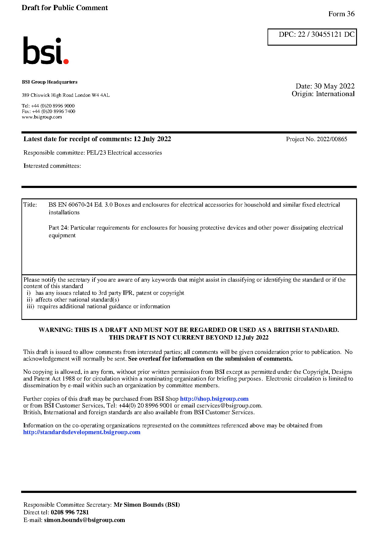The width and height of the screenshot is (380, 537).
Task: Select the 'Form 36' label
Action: [x=341, y=14]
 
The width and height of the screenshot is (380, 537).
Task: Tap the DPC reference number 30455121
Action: [x=326, y=34]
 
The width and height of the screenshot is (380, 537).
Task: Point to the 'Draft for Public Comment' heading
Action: [x=65, y=8]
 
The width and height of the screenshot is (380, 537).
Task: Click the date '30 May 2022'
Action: [x=334, y=86]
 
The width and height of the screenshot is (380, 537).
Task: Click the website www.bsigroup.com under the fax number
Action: [x=42, y=117]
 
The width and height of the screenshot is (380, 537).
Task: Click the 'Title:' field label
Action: [x=30, y=205]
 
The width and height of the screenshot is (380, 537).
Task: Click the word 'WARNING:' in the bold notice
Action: [x=56, y=330]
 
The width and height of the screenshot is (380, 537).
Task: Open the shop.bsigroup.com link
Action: [x=214, y=399]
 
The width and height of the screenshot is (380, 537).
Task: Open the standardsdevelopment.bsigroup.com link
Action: [x=82, y=432]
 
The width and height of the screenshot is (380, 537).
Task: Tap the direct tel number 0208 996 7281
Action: [x=70, y=513]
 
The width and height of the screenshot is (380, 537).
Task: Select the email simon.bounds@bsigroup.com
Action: [x=84, y=520]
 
